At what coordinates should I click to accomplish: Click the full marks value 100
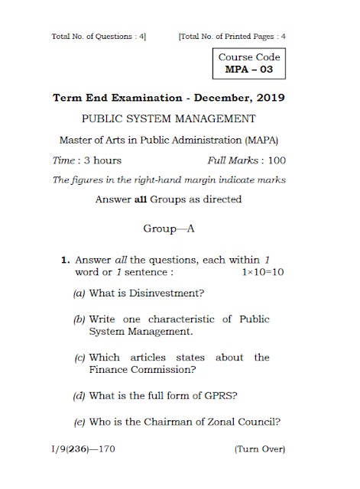[x=276, y=160]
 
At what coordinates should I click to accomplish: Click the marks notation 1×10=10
[x=263, y=272]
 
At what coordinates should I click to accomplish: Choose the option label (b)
[x=79, y=319]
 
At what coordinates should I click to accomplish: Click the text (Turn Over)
[x=259, y=449]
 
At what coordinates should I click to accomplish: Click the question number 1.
[x=66, y=261]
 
